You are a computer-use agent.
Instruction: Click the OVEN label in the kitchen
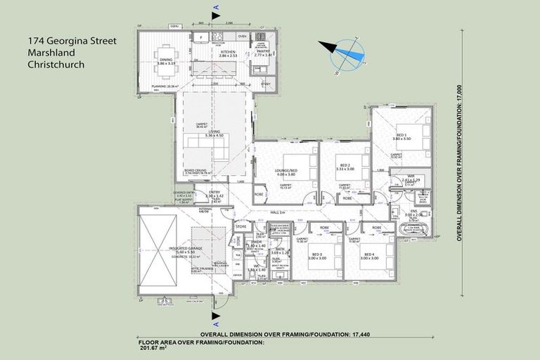click(x=242, y=35)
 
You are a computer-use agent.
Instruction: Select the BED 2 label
click(x=343, y=157)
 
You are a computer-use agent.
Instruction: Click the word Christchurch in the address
click(x=56, y=64)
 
